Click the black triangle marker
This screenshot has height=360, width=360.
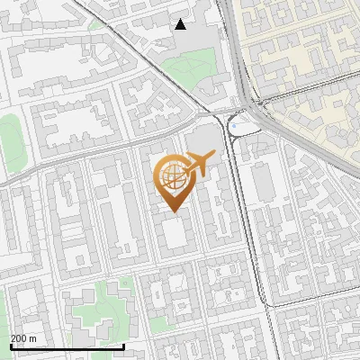tap(181, 24)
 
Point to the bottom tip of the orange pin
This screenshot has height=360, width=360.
tap(172, 212)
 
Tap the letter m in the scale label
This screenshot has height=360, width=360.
tap(33, 338)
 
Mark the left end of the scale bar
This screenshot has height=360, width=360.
tap(11, 346)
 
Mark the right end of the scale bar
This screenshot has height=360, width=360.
tap(123, 346)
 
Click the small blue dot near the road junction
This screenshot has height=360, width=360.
tap(232, 128)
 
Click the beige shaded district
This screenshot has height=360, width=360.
tap(306, 63)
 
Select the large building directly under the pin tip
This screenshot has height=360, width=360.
tap(174, 236)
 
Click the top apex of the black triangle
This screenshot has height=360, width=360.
tap(181, 19)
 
